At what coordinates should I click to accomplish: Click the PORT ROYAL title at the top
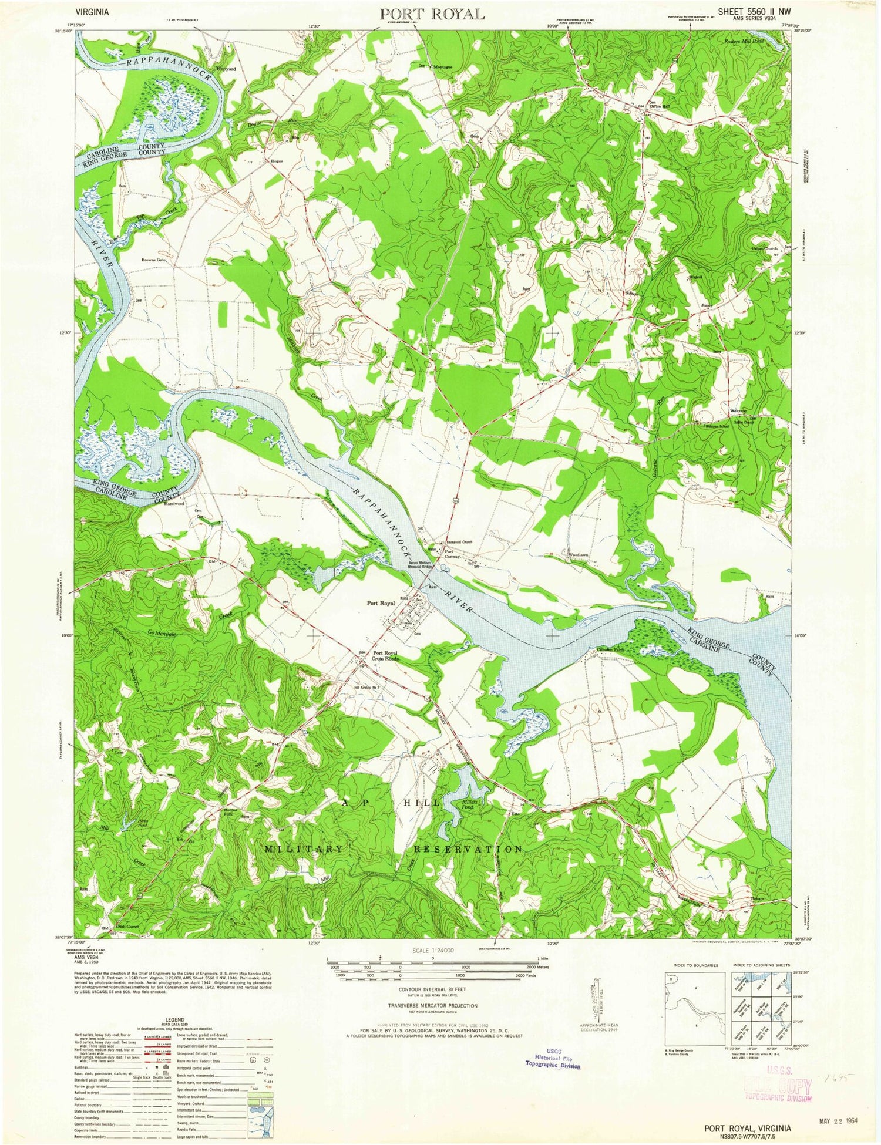(432, 14)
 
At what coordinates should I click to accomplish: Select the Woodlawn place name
(579, 554)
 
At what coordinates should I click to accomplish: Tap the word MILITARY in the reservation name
(304, 849)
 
